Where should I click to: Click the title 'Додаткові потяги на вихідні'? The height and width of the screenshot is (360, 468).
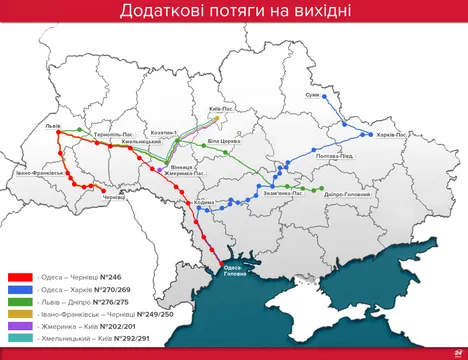click(x=234, y=12)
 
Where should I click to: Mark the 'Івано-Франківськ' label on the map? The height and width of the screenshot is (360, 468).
click(x=40, y=172)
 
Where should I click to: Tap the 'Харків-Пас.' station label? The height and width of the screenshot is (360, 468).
click(x=389, y=134)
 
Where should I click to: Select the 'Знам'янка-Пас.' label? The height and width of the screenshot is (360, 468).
click(x=283, y=194)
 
